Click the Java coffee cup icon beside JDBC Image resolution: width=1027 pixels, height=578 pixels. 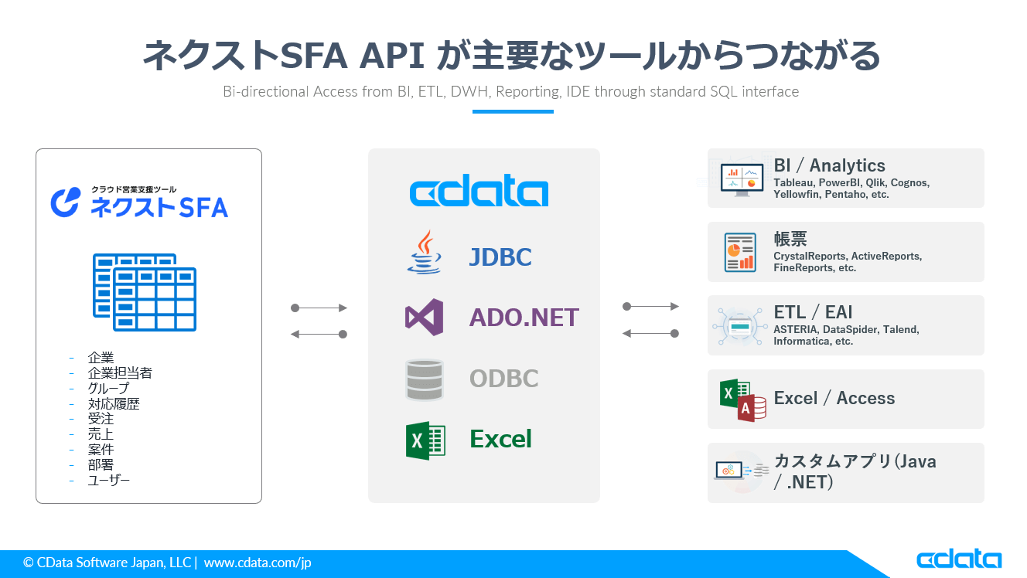425,252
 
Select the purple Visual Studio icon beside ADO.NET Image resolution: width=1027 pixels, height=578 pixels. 424,317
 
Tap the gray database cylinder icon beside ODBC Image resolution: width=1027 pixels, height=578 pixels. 425,379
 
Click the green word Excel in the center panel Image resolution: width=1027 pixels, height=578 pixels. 500,439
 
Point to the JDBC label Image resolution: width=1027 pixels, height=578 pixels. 500,257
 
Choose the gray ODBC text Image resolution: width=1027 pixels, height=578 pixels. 503,379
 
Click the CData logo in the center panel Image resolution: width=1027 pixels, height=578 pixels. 479,192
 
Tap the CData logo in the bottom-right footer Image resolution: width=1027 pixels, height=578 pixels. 959,559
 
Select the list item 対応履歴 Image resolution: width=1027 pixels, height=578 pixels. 114,403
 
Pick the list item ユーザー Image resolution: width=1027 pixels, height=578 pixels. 109,480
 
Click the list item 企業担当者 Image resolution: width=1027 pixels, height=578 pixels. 120,373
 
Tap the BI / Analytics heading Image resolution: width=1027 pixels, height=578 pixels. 829,165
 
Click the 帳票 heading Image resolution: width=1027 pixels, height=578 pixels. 790,239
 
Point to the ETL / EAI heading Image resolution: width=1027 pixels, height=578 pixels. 813,312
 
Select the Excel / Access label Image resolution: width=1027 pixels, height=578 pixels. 834,398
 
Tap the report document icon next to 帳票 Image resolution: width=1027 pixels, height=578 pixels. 739,252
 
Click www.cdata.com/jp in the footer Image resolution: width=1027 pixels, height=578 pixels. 258,563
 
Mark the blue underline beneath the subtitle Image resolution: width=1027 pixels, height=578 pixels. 513,111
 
